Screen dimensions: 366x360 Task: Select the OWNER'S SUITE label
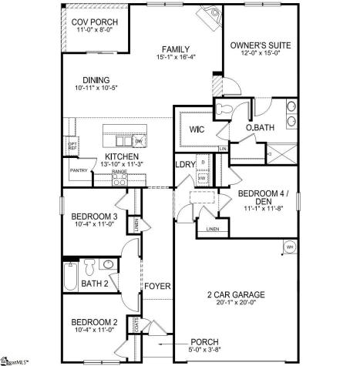click(260, 45)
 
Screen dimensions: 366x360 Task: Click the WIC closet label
click(196, 129)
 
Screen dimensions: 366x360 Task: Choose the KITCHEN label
click(121, 156)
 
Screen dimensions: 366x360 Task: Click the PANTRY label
click(79, 170)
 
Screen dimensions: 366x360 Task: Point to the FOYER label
click(156, 287)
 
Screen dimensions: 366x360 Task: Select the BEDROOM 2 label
click(93, 321)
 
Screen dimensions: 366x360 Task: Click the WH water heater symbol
click(290, 247)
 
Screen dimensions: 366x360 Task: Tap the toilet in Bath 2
click(89, 267)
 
